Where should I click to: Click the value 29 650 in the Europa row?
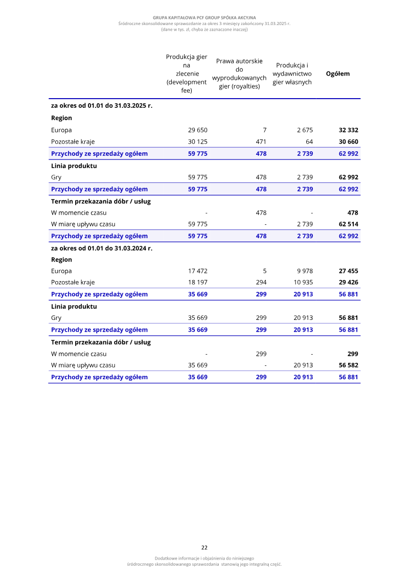(198, 130)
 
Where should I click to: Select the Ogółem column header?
(338, 74)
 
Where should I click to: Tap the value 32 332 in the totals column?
(348, 130)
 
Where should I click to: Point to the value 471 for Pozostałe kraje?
(261, 142)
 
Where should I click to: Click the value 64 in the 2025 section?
(309, 142)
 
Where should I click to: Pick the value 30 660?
(348, 142)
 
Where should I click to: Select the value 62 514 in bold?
(348, 224)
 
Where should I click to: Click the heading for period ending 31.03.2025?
(102, 106)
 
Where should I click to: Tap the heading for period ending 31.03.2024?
(102, 248)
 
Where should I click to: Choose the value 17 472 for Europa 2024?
(198, 271)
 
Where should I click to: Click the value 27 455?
(348, 271)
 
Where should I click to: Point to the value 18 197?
(198, 283)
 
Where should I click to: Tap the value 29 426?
(348, 283)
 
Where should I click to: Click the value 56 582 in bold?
(348, 365)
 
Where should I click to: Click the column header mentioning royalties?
(239, 74)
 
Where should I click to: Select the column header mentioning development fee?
(187, 74)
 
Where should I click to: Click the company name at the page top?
(204, 18)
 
